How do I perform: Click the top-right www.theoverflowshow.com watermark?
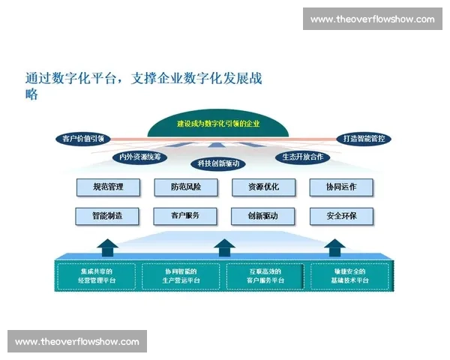point(372,19)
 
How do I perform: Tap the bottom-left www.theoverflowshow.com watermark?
point(77,342)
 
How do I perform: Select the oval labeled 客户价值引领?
point(83,139)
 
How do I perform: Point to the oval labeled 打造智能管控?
point(363,139)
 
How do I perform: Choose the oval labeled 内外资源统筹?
point(139,157)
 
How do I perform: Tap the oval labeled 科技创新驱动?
point(218,163)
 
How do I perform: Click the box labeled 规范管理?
point(108,187)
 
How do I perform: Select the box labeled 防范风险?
point(186,187)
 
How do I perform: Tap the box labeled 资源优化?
point(263,187)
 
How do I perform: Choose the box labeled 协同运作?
point(341,187)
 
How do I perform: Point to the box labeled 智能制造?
point(108,216)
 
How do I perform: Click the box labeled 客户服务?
point(186,216)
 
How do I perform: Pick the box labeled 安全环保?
point(341,216)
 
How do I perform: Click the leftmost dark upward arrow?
point(108,247)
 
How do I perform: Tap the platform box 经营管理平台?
point(97,275)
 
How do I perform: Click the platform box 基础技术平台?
point(350,275)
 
